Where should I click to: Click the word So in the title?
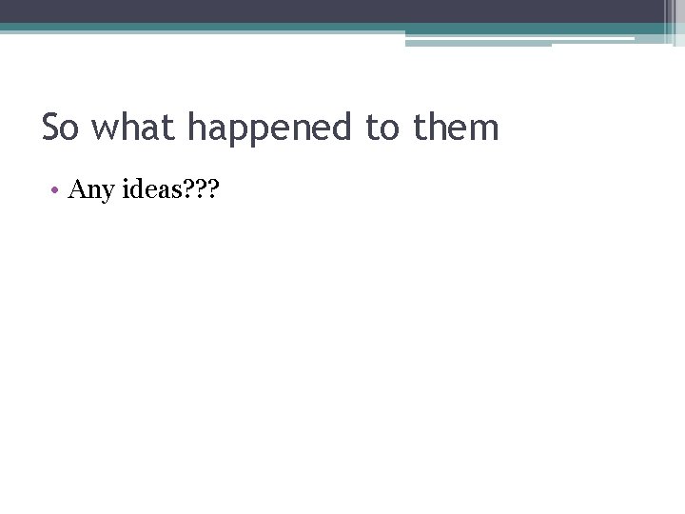point(60,128)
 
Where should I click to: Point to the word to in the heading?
point(383,128)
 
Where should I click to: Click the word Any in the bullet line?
point(91,190)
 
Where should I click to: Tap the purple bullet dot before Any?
point(57,190)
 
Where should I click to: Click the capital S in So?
point(50,128)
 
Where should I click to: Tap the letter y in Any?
point(107,192)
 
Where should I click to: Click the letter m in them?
point(483,129)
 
